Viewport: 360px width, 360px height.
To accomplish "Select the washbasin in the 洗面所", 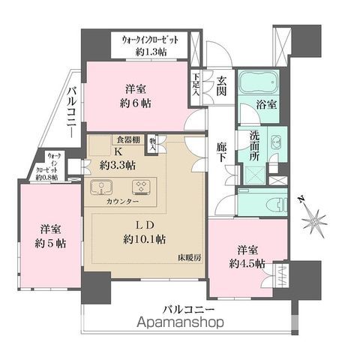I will point(275,142).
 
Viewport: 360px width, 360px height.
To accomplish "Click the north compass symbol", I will point(313,220).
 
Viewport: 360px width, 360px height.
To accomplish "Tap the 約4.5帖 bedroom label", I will point(247,263).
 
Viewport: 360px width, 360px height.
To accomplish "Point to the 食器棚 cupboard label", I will point(127,139).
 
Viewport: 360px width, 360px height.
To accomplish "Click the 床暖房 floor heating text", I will point(190,257).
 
